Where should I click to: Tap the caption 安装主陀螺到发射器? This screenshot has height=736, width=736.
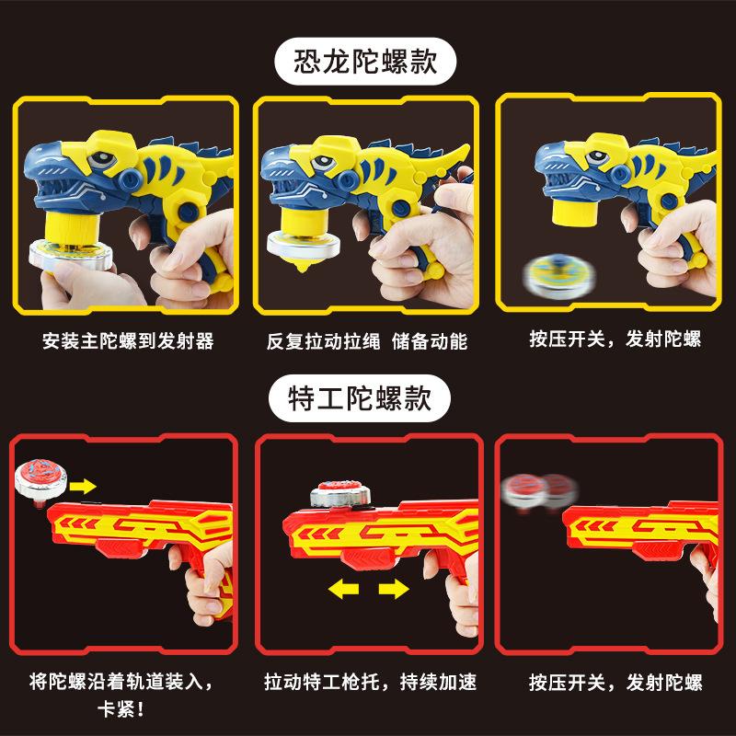pyautogui.click(x=128, y=341)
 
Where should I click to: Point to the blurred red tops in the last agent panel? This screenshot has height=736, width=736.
pyautogui.click(x=536, y=489)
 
